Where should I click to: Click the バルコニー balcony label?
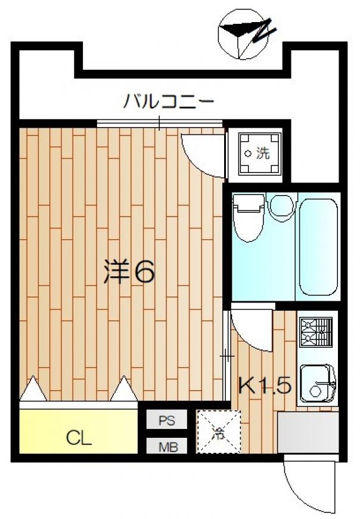pyautogui.click(x=169, y=101)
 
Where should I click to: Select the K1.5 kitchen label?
pyautogui.click(x=265, y=385)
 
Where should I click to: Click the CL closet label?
pyautogui.click(x=79, y=438)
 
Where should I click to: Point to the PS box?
pyautogui.click(x=167, y=420)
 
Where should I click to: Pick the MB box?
pyautogui.click(x=167, y=446)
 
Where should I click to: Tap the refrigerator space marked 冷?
pyautogui.click(x=219, y=432)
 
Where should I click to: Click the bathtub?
pyautogui.click(x=319, y=246)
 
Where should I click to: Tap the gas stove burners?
pyautogui.click(x=316, y=333)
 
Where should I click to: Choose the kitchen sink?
pyautogui.click(x=317, y=384)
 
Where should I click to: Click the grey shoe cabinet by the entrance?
pyautogui.click(x=308, y=432)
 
